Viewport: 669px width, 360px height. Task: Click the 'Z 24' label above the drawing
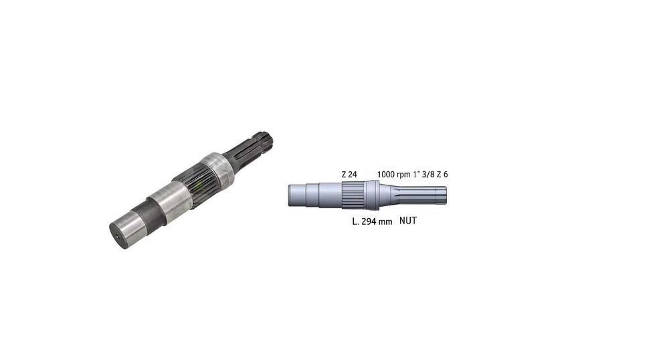[x=349, y=175]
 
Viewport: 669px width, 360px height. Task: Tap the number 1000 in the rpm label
[x=386, y=175]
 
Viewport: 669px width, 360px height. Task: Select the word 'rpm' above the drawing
[x=403, y=175]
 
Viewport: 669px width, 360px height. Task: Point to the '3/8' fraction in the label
[x=427, y=175]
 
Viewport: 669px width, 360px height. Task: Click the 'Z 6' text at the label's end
[x=442, y=175]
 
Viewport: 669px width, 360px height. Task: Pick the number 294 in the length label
[x=369, y=221]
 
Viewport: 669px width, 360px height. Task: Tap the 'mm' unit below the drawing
[x=386, y=222]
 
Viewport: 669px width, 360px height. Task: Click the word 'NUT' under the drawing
[x=408, y=221]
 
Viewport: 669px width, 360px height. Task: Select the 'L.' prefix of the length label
[x=355, y=221]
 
